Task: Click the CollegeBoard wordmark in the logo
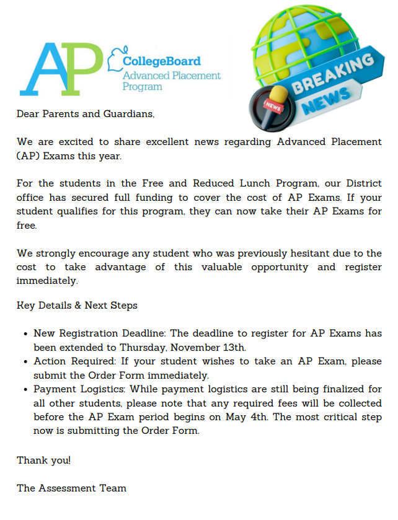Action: pyautogui.click(x=161, y=61)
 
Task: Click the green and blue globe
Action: pyautogui.click(x=298, y=43)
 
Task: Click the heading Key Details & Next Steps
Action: pyautogui.click(x=77, y=305)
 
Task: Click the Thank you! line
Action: pyautogui.click(x=43, y=460)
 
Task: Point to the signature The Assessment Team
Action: pyautogui.click(x=71, y=488)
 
